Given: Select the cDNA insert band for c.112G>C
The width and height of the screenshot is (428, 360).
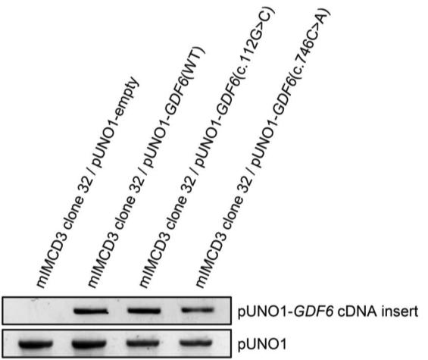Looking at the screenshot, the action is click(144, 311).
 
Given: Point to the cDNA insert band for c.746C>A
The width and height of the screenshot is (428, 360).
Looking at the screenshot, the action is click(197, 310).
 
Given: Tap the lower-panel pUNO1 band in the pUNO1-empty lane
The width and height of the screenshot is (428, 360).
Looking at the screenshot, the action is click(36, 343).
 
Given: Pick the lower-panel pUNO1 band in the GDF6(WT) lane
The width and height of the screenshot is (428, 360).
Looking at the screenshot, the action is click(90, 343).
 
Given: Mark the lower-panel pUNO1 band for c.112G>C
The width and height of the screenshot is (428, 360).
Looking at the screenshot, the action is click(143, 343).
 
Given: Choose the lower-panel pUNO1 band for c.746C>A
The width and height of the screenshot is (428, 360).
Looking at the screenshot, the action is click(196, 343).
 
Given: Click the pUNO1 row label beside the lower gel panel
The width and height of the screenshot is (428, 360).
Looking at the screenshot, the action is click(262, 344).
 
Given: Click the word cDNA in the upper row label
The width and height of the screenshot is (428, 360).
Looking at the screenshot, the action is click(355, 311).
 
